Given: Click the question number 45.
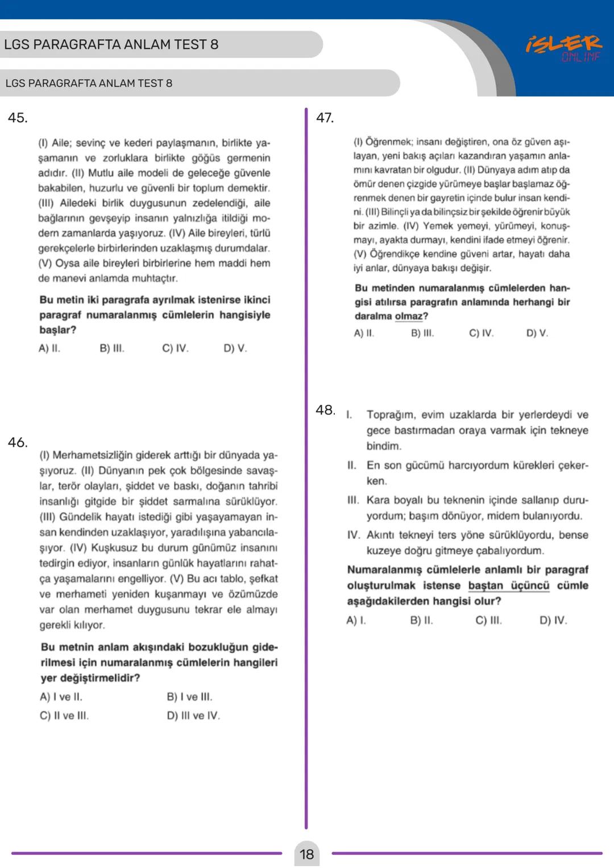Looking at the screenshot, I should click(17, 118).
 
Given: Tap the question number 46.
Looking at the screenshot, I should click(18, 442).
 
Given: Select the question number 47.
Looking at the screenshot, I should click(325, 118).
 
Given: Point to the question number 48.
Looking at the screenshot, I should click(325, 410).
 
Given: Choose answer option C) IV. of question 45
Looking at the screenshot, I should click(175, 348).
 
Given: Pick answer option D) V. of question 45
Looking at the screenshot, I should click(235, 348).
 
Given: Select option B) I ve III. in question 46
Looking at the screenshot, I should click(189, 697).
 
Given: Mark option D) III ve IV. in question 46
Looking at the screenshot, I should click(193, 716).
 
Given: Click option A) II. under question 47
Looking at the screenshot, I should click(364, 333).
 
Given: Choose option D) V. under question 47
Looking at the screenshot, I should click(537, 333).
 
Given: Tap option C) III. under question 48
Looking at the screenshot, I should click(488, 620).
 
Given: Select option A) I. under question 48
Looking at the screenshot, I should click(356, 620).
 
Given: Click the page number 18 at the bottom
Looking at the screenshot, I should click(306, 854).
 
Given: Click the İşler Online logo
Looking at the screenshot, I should click(563, 47).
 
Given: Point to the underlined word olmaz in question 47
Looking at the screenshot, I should click(408, 316).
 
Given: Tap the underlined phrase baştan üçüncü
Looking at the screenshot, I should click(508, 585).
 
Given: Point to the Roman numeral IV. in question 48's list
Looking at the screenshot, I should click(354, 535).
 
